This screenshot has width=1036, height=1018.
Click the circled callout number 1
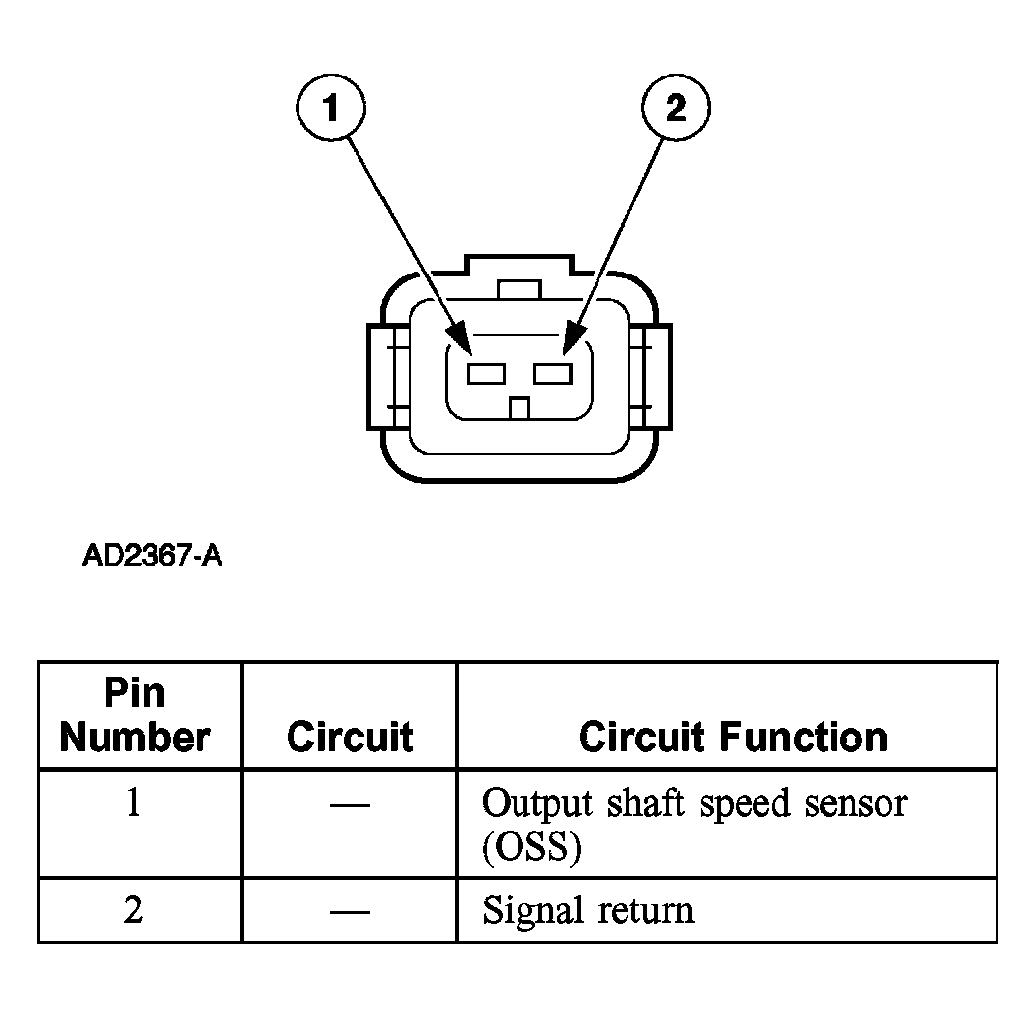click(331, 107)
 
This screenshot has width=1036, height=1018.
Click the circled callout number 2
click(676, 107)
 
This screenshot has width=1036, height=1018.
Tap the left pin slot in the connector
click(486, 374)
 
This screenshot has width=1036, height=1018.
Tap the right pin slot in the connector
click(553, 374)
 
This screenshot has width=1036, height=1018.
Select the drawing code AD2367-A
click(152, 556)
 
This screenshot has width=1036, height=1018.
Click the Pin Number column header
click(135, 716)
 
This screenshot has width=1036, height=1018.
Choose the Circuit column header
click(351, 737)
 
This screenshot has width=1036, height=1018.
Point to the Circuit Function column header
click(733, 737)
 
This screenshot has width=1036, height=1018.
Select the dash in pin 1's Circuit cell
click(350, 805)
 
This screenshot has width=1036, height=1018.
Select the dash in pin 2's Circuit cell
click(350, 912)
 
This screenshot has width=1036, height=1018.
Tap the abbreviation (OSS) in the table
click(532, 846)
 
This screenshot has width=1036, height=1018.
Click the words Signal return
click(588, 910)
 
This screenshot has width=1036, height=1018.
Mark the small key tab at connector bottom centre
click(520, 408)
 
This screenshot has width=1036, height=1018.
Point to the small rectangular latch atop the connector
click(519, 289)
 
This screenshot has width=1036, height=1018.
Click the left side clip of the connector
click(388, 376)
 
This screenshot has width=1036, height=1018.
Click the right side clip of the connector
click(651, 376)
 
